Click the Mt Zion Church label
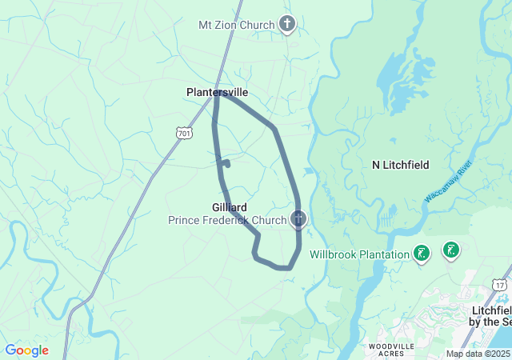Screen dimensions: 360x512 click(x=236, y=25)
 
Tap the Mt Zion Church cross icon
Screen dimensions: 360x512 click(x=287, y=25)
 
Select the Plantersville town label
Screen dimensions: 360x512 click(x=217, y=93)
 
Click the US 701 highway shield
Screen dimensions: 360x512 click(x=184, y=133)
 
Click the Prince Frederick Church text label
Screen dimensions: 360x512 click(x=227, y=220)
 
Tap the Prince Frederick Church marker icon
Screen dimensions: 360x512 click(x=299, y=218)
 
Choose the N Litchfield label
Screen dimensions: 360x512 click(x=401, y=165)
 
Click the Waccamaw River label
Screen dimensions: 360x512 click(x=450, y=180)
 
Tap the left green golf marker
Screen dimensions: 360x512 click(x=422, y=254)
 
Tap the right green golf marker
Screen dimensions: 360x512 click(x=450, y=250)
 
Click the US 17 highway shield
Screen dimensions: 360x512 click(x=500, y=284)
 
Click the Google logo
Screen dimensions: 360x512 click(x=26, y=350)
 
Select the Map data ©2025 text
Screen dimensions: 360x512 click(x=478, y=354)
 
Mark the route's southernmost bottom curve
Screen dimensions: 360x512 click(x=282, y=267)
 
